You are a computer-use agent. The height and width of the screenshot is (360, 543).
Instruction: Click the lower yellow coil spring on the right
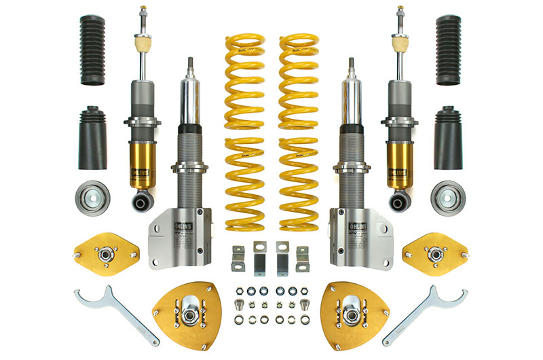299,182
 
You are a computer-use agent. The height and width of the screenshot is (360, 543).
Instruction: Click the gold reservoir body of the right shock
398,163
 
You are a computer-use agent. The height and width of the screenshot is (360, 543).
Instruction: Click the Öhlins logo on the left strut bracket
185,223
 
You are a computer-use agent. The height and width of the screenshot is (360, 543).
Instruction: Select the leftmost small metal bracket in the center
238,257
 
